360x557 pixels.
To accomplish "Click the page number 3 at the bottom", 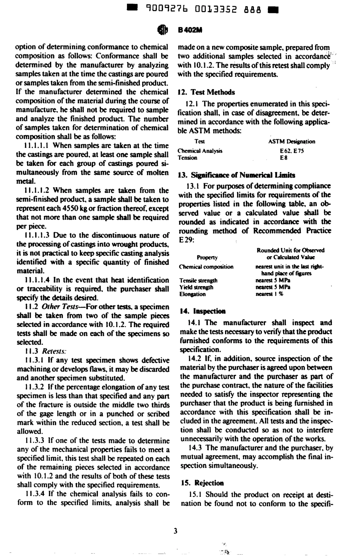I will [x=175, y=531].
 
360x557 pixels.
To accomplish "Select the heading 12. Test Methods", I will [x=207, y=92].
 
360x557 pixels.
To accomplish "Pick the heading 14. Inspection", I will [x=202, y=311].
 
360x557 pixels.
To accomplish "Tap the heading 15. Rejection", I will [x=202, y=483].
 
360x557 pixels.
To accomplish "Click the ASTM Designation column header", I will [x=291, y=141].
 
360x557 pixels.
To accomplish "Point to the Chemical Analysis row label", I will [x=200, y=150].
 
